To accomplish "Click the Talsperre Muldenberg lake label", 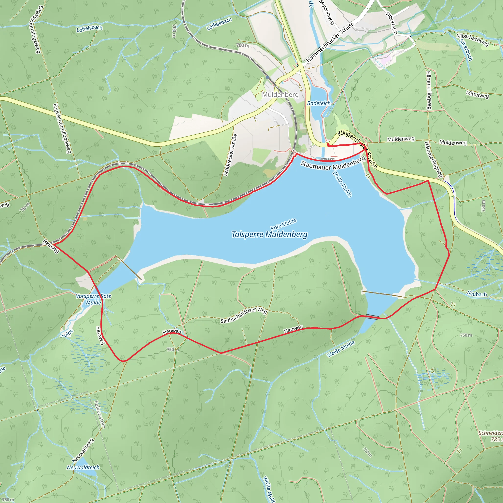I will tap(269, 235).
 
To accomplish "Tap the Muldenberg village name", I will tap(280, 95).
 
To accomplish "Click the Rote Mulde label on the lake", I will tap(283, 224).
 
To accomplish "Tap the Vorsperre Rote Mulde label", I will tap(94, 299).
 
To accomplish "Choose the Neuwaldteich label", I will tap(83, 467).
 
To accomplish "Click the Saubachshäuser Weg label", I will tap(244, 315).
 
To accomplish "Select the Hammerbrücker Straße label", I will tap(330, 42).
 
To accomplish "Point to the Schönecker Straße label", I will tap(230, 155).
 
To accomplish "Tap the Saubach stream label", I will tap(477, 294).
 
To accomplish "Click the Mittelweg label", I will tap(477, 95).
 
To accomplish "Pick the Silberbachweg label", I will tap(472, 40).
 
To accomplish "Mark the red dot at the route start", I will tap(328, 144).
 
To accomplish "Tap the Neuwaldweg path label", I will tap(83, 450).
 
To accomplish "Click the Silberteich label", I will tap(391, 23).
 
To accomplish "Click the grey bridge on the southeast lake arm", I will tap(372, 317).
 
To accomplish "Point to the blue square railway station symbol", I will tap(268, 77).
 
